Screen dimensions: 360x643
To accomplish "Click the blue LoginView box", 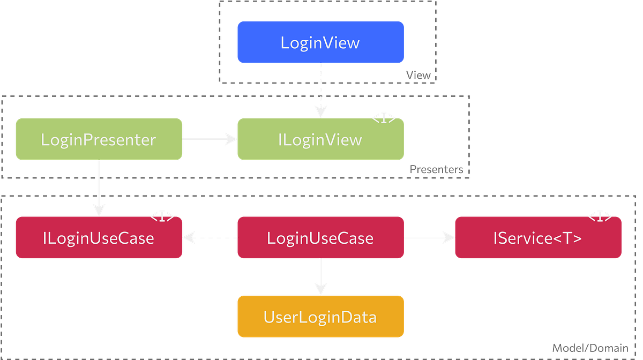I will pyautogui.click(x=320, y=42).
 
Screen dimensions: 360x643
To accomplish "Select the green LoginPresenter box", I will pyautogui.click(x=99, y=139).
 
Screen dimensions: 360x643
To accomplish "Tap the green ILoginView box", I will pyautogui.click(x=320, y=139).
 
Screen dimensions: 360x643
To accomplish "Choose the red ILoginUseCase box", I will pyautogui.click(x=99, y=237).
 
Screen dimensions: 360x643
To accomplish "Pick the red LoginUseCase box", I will pyautogui.click(x=320, y=237).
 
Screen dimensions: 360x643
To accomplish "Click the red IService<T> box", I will pyautogui.click(x=537, y=237).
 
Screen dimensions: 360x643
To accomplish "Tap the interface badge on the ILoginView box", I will pyautogui.click(x=385, y=118).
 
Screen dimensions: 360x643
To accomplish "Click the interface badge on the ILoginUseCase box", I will pyautogui.click(x=162, y=217).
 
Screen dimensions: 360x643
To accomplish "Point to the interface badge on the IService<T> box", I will pyautogui.click(x=600, y=217).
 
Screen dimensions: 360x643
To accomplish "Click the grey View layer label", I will pyautogui.click(x=418, y=75).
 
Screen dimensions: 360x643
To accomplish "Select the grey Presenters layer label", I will pyautogui.click(x=436, y=169).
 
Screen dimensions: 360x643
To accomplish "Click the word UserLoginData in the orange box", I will pyautogui.click(x=320, y=317).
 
